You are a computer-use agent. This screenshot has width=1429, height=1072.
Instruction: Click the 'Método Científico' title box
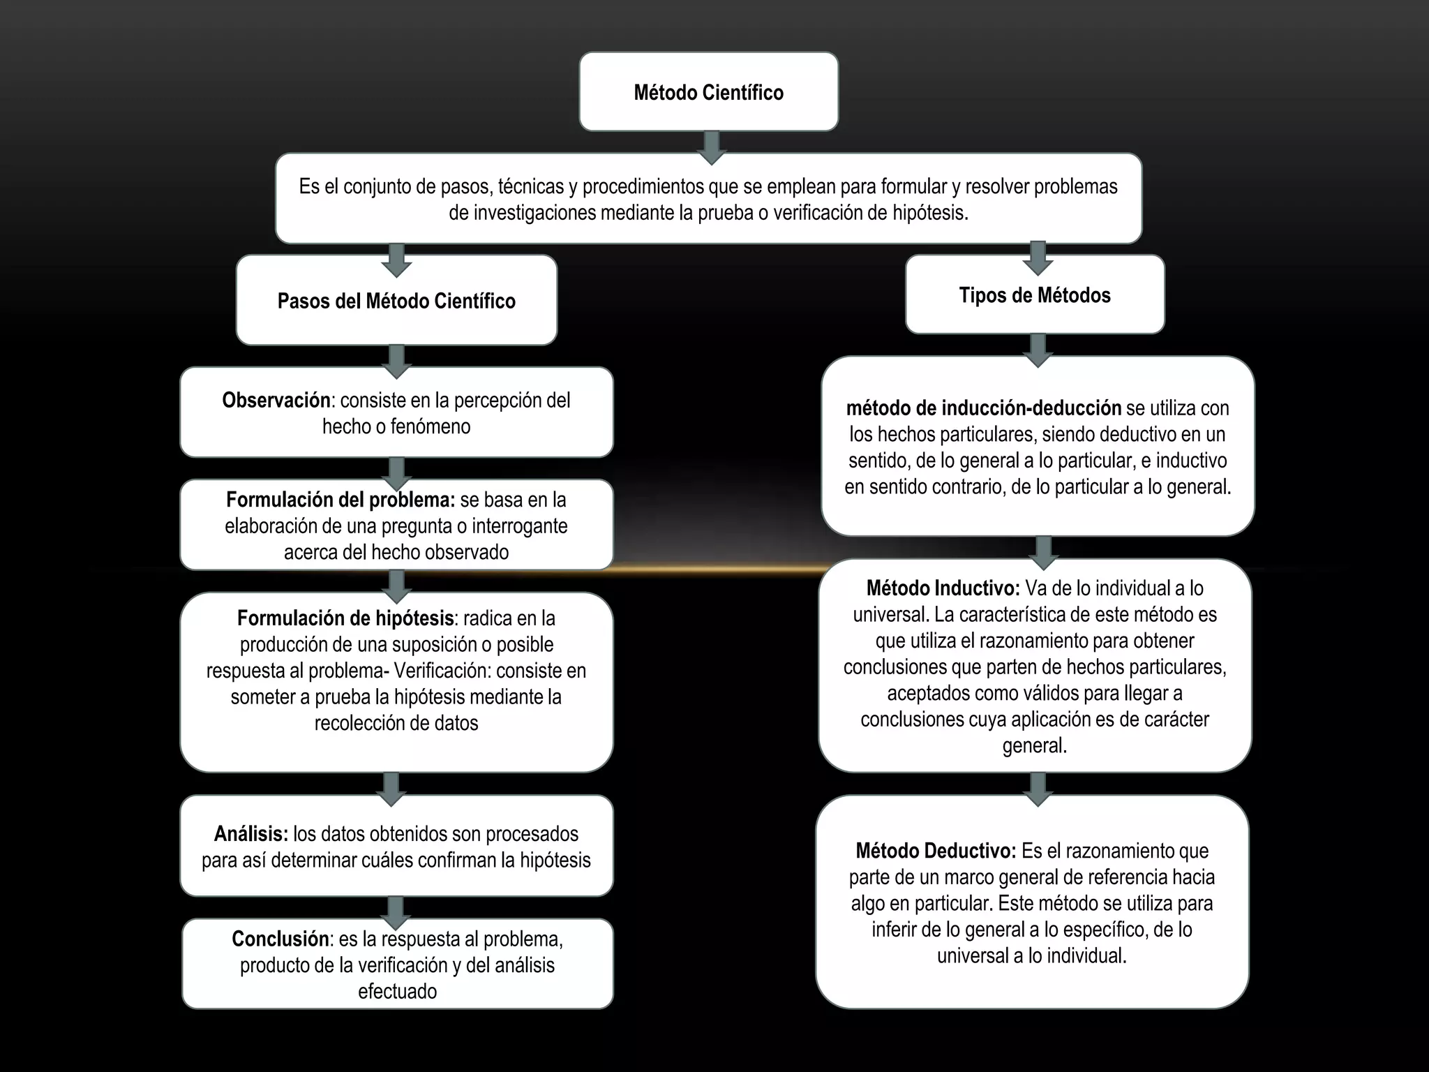[x=708, y=92]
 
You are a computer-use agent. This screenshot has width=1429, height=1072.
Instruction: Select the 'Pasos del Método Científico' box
[x=396, y=301]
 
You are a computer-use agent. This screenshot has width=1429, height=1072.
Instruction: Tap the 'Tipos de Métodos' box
[x=1035, y=295]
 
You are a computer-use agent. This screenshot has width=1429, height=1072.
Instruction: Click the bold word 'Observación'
[x=276, y=401]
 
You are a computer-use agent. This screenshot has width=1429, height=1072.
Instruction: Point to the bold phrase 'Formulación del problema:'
[x=341, y=500]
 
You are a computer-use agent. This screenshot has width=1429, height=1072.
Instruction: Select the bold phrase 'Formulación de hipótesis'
[x=345, y=618]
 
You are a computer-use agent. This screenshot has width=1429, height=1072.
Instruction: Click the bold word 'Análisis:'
[x=251, y=834]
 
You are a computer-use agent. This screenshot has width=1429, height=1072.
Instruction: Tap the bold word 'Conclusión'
[x=280, y=939]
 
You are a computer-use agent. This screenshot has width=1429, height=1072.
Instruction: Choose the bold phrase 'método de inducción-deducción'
[x=983, y=408]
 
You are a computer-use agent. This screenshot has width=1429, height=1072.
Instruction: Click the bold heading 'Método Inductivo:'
[x=943, y=588]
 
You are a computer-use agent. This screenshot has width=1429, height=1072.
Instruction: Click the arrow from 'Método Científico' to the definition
[x=711, y=147]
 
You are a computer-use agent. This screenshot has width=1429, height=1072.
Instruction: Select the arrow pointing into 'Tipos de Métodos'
[x=1038, y=258]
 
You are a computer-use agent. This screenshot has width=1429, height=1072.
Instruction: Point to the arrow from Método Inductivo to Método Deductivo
[x=1038, y=789]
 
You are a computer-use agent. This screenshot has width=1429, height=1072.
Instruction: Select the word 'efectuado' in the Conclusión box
[x=397, y=992]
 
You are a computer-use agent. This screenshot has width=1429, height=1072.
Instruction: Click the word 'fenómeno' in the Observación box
[x=431, y=426]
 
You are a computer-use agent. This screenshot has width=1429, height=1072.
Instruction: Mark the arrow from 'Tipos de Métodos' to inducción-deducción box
[x=1038, y=350]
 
